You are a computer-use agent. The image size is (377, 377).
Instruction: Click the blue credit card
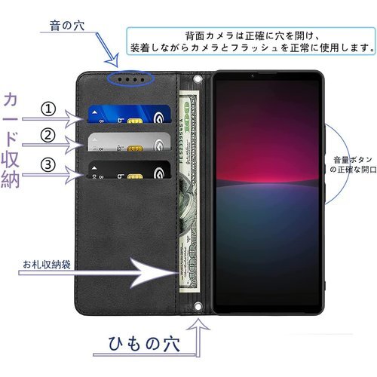point(129,114)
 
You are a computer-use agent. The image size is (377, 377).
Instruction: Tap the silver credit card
point(129,142)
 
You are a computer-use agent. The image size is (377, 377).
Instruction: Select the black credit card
point(129,170)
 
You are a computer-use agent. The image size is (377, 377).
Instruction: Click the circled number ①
point(48,109)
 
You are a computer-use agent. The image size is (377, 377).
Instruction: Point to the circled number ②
point(48,136)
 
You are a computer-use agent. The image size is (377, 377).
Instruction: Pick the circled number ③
point(48,165)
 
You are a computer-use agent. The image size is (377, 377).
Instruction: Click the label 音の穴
point(67,26)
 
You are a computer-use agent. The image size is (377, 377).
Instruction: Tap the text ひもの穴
point(144,344)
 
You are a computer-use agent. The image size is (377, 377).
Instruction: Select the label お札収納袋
point(47,265)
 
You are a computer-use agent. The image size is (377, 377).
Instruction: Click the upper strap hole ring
point(198,79)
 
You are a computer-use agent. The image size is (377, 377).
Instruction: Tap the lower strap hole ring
point(198,307)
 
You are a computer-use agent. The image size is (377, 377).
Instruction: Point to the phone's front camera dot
point(253,75)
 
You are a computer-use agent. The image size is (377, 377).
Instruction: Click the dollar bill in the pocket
point(189,192)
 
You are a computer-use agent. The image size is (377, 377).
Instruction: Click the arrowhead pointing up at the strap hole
point(198,324)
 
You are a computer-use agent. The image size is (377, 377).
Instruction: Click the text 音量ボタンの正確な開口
point(353,164)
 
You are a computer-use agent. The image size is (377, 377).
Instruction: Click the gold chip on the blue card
point(135,121)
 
